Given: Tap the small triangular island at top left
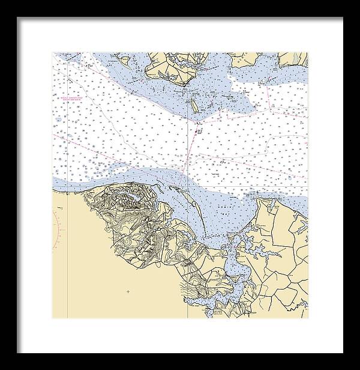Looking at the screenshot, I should click(x=125, y=60).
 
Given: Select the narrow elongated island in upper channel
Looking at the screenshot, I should click(x=194, y=106).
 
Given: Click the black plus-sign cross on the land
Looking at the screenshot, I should click(x=127, y=291).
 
